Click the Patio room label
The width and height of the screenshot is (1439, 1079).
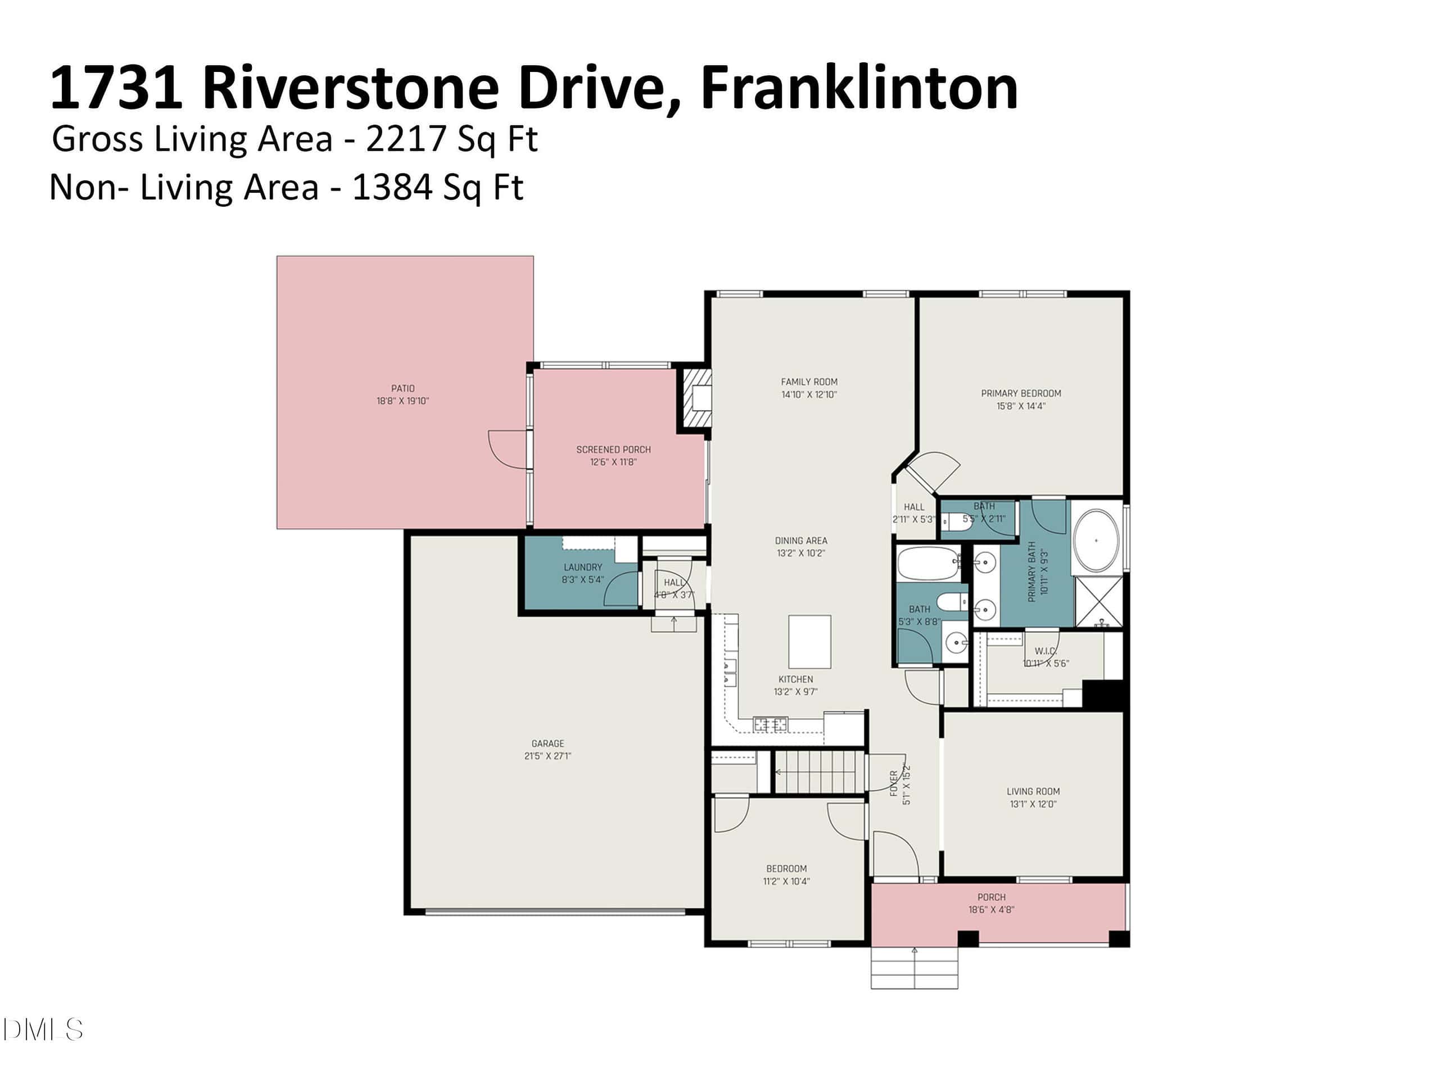(x=402, y=388)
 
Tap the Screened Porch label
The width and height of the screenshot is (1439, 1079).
(x=613, y=450)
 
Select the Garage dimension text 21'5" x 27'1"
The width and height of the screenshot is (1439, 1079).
(x=547, y=756)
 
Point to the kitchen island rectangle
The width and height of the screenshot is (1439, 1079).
(x=809, y=642)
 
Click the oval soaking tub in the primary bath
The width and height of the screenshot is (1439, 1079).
(x=1096, y=541)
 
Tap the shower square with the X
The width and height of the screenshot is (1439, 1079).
(x=1099, y=602)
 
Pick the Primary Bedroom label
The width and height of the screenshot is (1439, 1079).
(x=1021, y=393)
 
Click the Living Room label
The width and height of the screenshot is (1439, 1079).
(x=1033, y=791)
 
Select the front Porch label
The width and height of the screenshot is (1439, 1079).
(x=992, y=897)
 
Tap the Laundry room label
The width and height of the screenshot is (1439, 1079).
(x=583, y=567)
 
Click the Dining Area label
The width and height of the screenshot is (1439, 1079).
(x=801, y=541)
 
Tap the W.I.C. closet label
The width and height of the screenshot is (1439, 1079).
(x=1046, y=651)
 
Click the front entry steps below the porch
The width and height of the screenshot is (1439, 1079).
(x=915, y=968)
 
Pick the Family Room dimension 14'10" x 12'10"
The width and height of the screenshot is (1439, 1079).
(x=809, y=395)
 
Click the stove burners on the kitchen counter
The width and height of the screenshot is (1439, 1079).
(x=770, y=723)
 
